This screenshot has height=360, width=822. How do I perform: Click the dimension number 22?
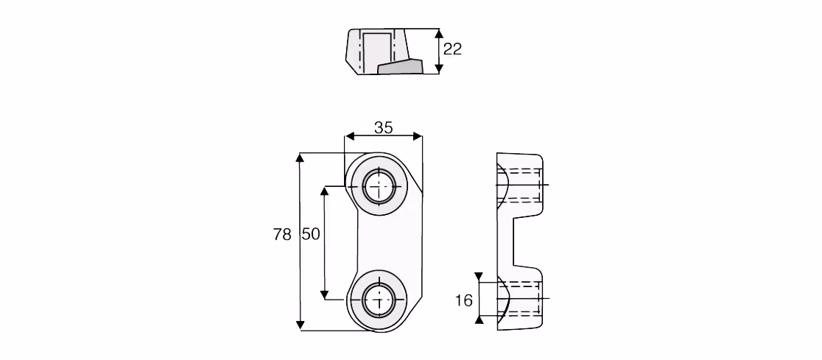(x=452, y=49)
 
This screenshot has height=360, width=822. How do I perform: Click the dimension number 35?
(x=383, y=127)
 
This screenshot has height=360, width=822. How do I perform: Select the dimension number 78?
(x=282, y=234)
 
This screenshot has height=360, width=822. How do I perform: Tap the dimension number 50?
(x=311, y=234)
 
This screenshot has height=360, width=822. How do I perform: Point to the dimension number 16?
(x=464, y=301)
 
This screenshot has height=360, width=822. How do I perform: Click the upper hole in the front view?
(x=379, y=186)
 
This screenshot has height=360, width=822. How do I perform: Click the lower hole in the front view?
(x=379, y=300)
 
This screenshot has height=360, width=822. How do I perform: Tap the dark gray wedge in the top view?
(x=401, y=66)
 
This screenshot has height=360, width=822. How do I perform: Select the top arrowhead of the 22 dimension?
(x=439, y=35)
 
